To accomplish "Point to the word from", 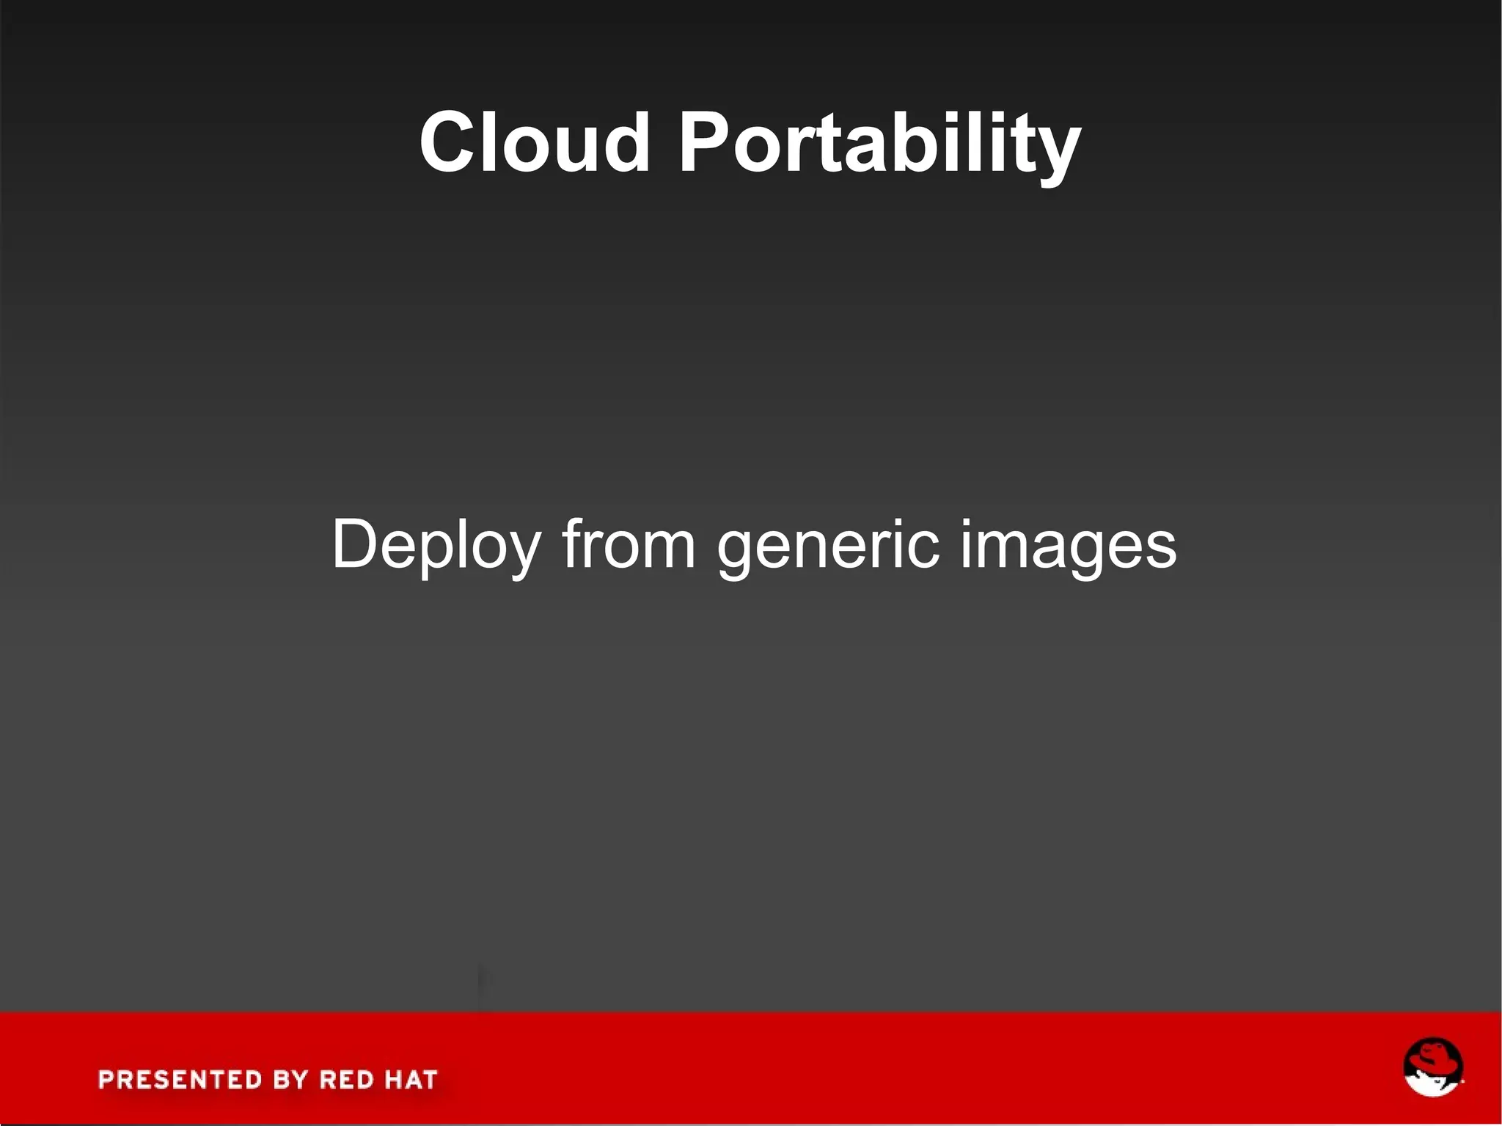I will tap(629, 544).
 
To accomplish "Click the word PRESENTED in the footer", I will tap(180, 1080).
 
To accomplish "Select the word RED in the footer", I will tap(346, 1080).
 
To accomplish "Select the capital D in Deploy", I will tap(354, 544).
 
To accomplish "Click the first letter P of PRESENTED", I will tap(107, 1080).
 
